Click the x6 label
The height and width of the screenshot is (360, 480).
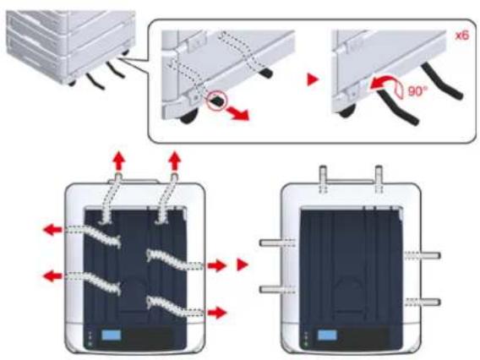point(462,35)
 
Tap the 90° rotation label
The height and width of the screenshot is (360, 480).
point(417,91)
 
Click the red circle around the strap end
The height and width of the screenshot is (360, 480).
point(216,100)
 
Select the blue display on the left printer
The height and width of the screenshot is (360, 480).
point(111,335)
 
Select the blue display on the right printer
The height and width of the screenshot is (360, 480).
point(327,335)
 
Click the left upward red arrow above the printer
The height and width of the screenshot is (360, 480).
point(119,162)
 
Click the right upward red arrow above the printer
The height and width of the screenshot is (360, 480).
point(175,161)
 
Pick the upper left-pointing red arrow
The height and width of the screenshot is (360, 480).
point(53,229)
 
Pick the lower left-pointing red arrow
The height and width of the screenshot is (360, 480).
point(53,276)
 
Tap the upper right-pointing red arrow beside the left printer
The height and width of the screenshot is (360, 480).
point(217,265)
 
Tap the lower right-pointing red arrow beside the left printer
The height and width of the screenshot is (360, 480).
point(217,313)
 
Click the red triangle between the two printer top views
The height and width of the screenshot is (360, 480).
point(242,265)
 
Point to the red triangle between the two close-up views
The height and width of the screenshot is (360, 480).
point(313,80)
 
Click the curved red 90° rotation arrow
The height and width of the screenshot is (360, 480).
point(383,83)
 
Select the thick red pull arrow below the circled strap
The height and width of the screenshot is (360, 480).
point(239,114)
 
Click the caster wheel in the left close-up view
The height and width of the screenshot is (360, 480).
point(188,117)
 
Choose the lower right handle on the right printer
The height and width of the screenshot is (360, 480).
point(423,303)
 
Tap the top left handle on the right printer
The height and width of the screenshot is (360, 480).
point(324,179)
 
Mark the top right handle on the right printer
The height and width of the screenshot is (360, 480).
point(379,179)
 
